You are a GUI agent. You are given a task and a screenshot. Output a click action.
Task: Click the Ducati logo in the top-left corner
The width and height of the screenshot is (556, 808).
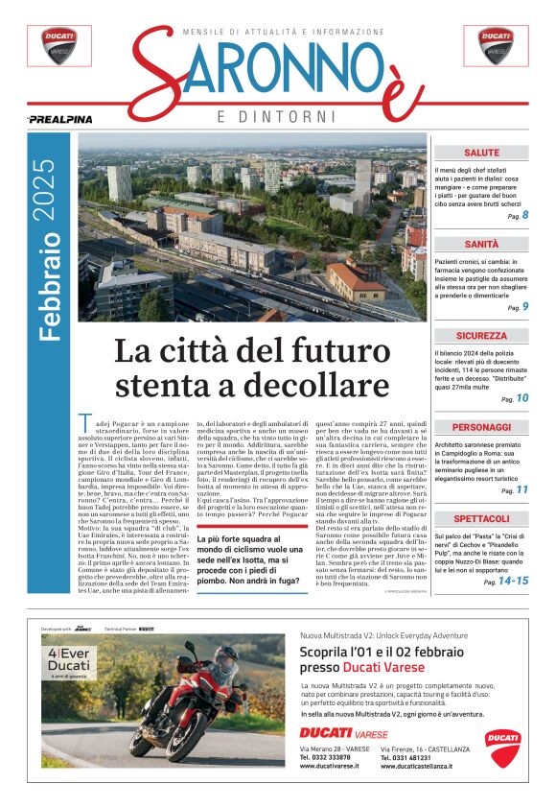click(x=59, y=45)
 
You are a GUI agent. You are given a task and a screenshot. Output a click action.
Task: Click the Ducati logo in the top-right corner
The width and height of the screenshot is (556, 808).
click(x=497, y=45)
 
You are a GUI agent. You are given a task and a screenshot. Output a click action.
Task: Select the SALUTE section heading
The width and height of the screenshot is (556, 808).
click(x=481, y=153)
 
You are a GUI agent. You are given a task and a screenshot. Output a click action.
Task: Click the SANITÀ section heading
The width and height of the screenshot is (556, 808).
click(x=481, y=245)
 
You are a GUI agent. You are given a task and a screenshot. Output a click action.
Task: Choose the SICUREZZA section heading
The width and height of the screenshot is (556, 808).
click(x=481, y=336)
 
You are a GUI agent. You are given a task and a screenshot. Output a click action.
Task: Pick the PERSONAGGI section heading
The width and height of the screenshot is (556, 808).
click(x=481, y=427)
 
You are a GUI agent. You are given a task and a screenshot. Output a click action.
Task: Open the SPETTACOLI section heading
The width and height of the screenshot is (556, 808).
click(x=481, y=518)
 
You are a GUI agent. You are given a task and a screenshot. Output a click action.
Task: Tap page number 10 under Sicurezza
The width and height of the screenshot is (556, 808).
click(x=522, y=398)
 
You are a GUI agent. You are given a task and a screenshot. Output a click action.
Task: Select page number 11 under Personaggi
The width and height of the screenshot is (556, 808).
click(x=522, y=489)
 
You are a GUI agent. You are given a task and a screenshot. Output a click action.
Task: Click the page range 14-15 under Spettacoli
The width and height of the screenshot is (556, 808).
click(x=513, y=581)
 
